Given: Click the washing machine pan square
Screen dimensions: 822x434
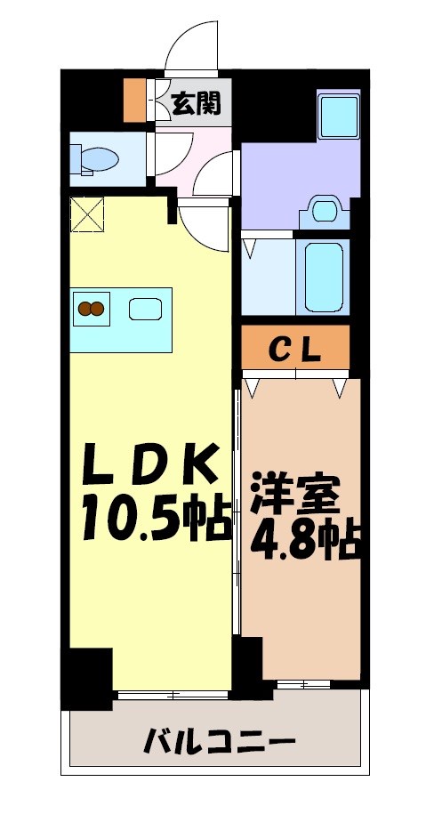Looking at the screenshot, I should pos(338,113).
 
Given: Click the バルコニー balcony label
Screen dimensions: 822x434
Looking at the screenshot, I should pos(215,739).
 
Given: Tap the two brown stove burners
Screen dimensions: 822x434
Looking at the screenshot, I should pos(92,309).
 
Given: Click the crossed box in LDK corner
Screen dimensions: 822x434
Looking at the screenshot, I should pos(87,214).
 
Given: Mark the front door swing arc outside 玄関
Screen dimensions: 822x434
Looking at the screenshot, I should pos(190,44).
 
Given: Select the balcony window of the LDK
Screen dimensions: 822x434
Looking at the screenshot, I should pos(173,693).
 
